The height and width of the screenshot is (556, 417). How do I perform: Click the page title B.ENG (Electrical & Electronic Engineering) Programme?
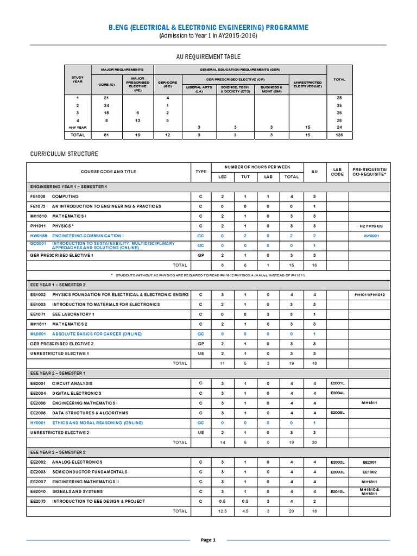tap(208, 27)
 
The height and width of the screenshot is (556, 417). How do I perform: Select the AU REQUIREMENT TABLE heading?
tap(208, 56)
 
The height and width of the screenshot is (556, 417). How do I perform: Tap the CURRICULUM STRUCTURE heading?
tap(64, 154)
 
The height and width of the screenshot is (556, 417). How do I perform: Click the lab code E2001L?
tap(338, 383)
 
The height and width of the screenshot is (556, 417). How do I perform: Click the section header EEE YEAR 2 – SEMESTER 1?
tap(58, 374)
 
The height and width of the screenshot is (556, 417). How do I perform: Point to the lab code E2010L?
tap(338, 491)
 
